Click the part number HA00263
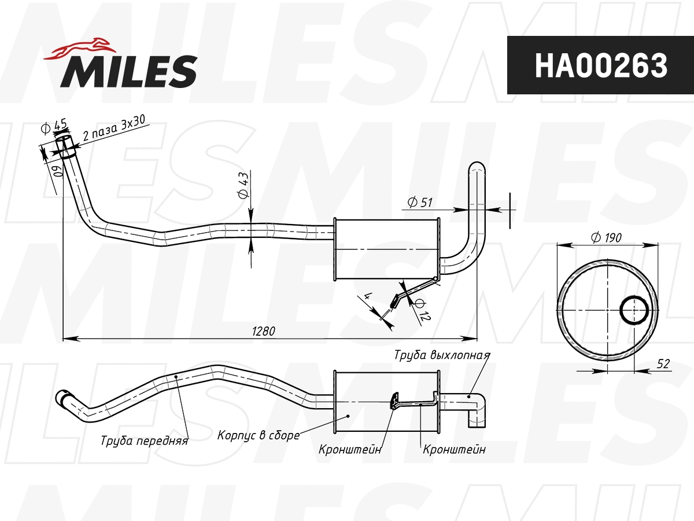click(600, 65)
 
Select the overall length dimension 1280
click(263, 331)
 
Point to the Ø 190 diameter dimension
click(606, 237)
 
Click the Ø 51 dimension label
click(420, 202)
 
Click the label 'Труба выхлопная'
click(442, 355)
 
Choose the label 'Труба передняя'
click(144, 441)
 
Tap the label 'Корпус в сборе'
click(258, 435)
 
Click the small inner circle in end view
click(634, 311)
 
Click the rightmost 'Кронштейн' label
click(454, 449)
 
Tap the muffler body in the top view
click(386, 250)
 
